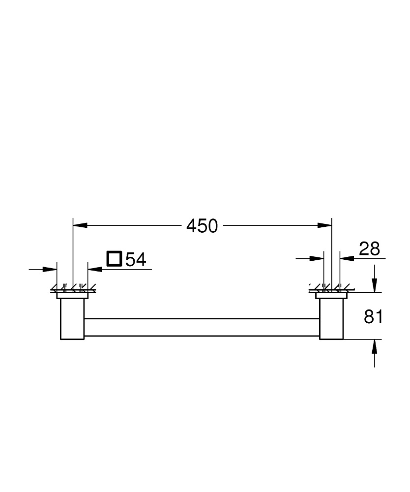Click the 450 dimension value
[x=202, y=226]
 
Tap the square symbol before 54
[x=114, y=258]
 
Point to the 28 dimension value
[x=369, y=249]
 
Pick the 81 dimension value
[x=373, y=317]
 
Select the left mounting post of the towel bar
[x=72, y=319]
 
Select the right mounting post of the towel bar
[x=331, y=319]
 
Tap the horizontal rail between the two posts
[x=202, y=327]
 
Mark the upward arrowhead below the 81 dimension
[x=375, y=346]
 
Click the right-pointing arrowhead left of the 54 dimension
[x=51, y=269]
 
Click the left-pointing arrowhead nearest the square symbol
[x=94, y=269]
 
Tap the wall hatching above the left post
[x=72, y=288]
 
